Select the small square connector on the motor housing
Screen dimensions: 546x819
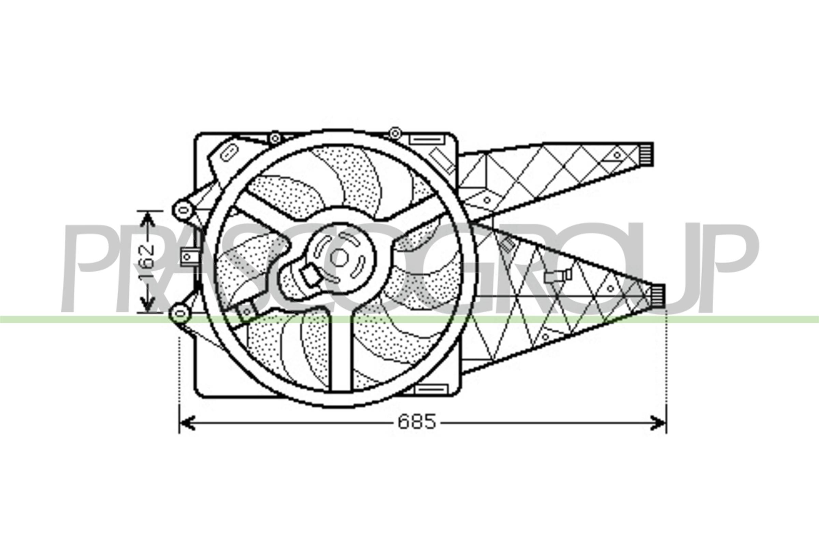[x=311, y=275]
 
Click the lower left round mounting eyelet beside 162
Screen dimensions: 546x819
[x=180, y=313]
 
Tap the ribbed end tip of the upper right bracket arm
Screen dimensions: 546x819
[x=647, y=154]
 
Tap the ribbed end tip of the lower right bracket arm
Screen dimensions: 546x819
[x=658, y=296]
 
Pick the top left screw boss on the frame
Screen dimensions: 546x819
[x=275, y=138]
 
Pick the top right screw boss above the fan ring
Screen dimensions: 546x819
[x=394, y=133]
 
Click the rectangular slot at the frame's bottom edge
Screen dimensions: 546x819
[x=431, y=389]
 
